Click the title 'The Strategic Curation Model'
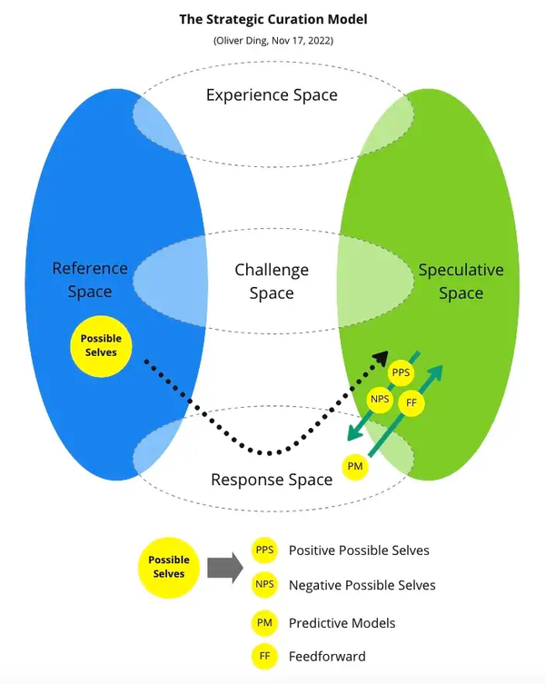click(x=272, y=18)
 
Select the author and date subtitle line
click(x=272, y=41)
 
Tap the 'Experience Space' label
click(x=272, y=94)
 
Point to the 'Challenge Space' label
click(x=272, y=281)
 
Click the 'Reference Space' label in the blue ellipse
click(x=90, y=280)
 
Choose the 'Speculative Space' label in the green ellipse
click(x=461, y=281)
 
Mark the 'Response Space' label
click(x=272, y=480)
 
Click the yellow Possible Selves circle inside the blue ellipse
click(x=100, y=345)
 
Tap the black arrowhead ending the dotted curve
click(x=381, y=358)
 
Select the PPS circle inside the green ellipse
click(x=400, y=373)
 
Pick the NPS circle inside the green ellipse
click(x=379, y=399)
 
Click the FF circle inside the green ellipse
click(x=411, y=401)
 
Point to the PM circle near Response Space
click(x=355, y=466)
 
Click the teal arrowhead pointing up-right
click(x=437, y=372)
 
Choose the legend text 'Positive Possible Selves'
click(x=359, y=550)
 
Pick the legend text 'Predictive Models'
click(x=342, y=623)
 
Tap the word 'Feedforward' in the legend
click(x=327, y=656)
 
